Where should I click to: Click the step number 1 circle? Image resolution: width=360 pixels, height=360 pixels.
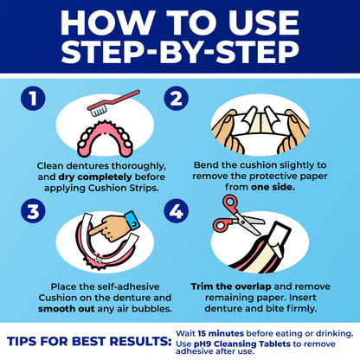[34, 99]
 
